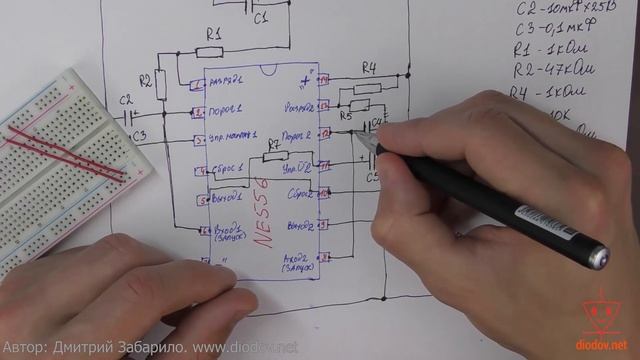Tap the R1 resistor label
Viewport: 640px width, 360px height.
click(x=212, y=33)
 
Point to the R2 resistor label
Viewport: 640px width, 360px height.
click(x=146, y=79)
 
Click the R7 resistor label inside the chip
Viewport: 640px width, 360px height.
click(x=275, y=145)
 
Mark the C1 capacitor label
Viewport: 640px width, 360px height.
click(x=260, y=17)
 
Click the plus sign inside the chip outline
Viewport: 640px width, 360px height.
click(x=302, y=81)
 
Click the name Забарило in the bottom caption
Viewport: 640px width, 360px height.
click(x=175, y=348)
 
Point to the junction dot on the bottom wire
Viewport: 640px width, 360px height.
click(x=388, y=296)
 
